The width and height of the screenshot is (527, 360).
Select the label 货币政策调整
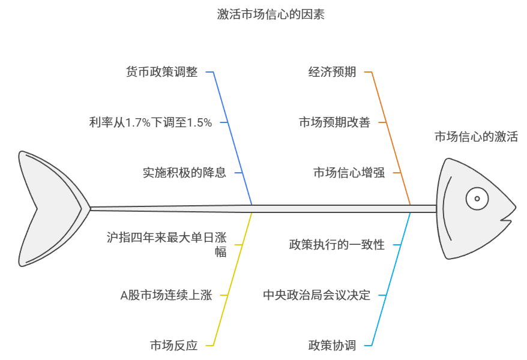tap(161, 72)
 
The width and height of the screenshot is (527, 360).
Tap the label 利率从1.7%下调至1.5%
tap(150, 122)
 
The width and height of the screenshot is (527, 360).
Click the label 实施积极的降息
tap(184, 173)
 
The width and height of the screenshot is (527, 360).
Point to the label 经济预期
tap(332, 72)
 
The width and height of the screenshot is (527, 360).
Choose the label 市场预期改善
tap(334, 122)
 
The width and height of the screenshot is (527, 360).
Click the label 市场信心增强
tap(349, 173)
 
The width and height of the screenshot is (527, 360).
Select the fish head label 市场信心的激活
tap(476, 137)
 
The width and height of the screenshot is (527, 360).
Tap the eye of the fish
tap(477, 199)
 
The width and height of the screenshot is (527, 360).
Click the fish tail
tap(48, 208)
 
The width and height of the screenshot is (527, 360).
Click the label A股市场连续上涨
tap(166, 295)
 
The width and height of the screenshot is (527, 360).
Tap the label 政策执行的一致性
tap(337, 245)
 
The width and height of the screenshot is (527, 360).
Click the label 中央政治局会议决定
tap(316, 295)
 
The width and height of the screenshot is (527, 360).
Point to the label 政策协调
tap(332, 346)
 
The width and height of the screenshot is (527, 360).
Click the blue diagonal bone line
tap(233, 138)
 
